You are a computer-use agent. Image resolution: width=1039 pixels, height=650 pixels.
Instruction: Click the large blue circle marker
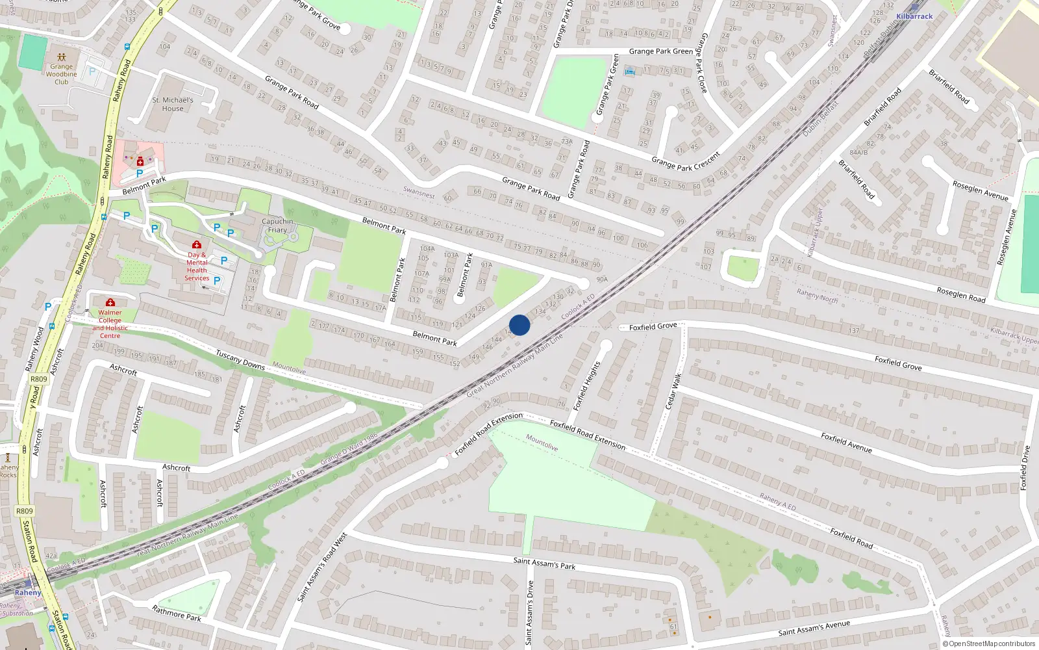pos(519,325)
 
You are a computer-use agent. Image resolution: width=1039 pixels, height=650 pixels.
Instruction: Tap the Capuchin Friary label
pos(277,226)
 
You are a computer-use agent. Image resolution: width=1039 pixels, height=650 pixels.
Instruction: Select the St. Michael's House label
pos(173,105)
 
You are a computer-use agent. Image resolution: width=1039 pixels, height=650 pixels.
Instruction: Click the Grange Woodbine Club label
pos(61,74)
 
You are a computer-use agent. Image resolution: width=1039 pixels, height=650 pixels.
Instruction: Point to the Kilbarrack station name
pos(914,16)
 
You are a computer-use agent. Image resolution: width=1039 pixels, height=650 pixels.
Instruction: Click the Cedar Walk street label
pos(673,391)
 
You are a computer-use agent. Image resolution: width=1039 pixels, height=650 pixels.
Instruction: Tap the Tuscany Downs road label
pos(240,360)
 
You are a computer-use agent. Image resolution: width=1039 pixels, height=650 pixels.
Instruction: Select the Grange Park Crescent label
pos(686,161)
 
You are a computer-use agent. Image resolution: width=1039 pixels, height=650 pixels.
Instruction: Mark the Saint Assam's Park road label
pos(544,563)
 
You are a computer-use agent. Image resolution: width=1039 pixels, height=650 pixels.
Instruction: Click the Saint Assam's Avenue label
pos(814,629)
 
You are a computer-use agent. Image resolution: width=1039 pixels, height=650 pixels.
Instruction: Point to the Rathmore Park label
pos(177,613)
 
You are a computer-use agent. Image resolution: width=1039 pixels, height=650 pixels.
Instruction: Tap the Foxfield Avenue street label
pos(846,443)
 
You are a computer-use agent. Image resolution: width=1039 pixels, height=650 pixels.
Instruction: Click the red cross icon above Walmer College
pos(110,302)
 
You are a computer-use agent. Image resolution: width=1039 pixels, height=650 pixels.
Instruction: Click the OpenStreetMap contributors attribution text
pos(989,643)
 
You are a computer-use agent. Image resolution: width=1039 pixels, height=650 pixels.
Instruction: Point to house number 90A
pos(602,279)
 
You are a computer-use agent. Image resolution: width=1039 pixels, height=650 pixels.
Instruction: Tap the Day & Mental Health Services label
pos(197,266)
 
